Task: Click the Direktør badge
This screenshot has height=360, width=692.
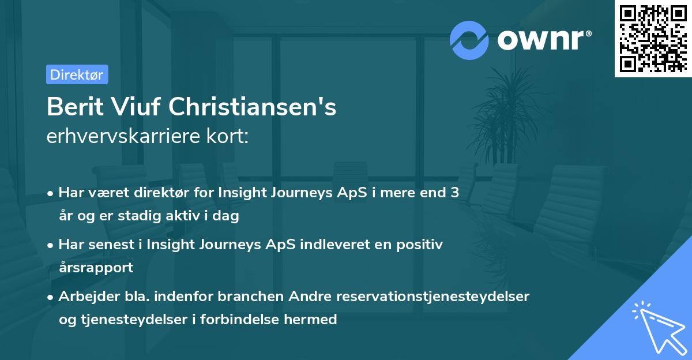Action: [x=77, y=74]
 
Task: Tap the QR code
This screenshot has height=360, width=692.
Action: [x=653, y=39]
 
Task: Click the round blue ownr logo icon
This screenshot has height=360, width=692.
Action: [x=468, y=40]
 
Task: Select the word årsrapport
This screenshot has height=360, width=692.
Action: [x=96, y=267]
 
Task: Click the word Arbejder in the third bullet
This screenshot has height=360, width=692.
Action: [x=84, y=296]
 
